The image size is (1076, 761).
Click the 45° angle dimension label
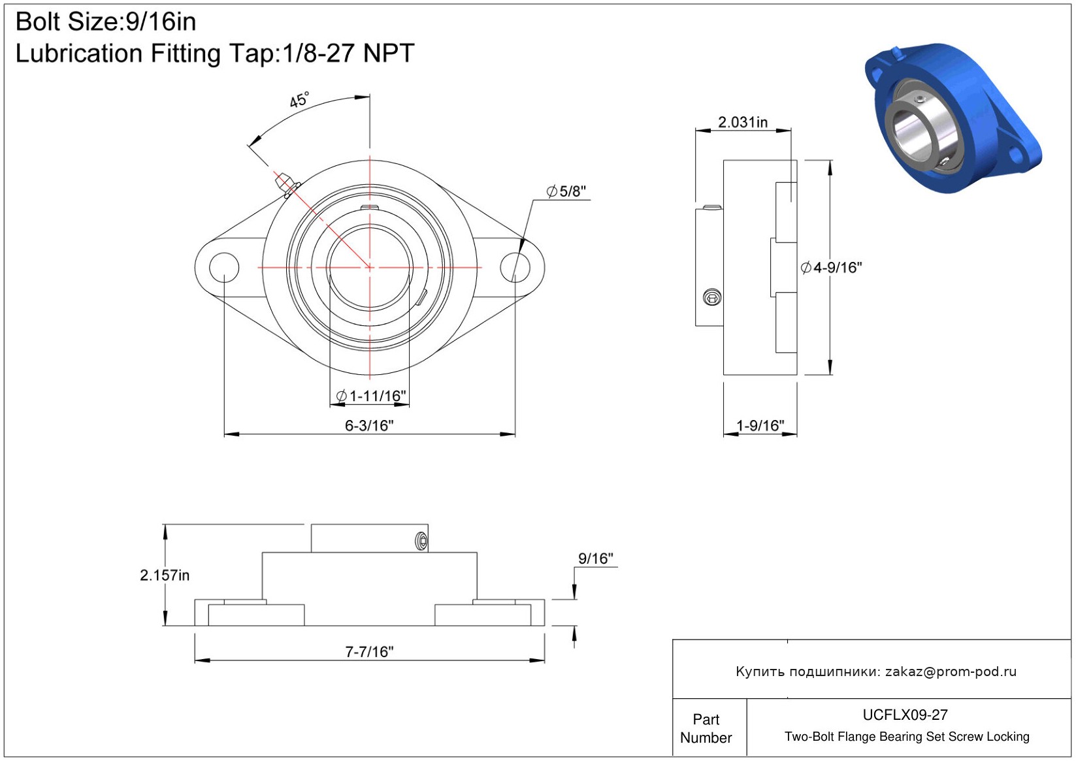pyautogui.click(x=299, y=100)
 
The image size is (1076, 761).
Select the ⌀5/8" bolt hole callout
pyautogui.click(x=566, y=191)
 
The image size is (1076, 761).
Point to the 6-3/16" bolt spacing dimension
pyautogui.click(x=369, y=426)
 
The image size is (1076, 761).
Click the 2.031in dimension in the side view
pyautogui.click(x=743, y=123)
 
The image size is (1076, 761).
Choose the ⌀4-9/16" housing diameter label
pyautogui.click(x=831, y=268)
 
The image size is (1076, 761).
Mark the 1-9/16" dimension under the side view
pyautogui.click(x=760, y=426)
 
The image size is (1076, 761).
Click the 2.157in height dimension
pyautogui.click(x=165, y=575)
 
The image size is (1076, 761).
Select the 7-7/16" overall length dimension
pyautogui.click(x=369, y=652)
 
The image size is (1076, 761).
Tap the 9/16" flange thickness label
pyautogui.click(x=596, y=559)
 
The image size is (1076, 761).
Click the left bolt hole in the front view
pyautogui.click(x=224, y=268)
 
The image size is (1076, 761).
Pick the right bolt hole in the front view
pyautogui.click(x=515, y=268)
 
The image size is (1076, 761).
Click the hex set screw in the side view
pyautogui.click(x=712, y=297)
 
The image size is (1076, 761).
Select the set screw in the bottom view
pyautogui.click(x=421, y=542)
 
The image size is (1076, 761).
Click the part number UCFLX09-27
pyautogui.click(x=905, y=715)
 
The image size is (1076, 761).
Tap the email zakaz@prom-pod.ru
pyautogui.click(x=951, y=672)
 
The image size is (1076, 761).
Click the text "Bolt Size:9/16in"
pyautogui.click(x=106, y=22)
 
